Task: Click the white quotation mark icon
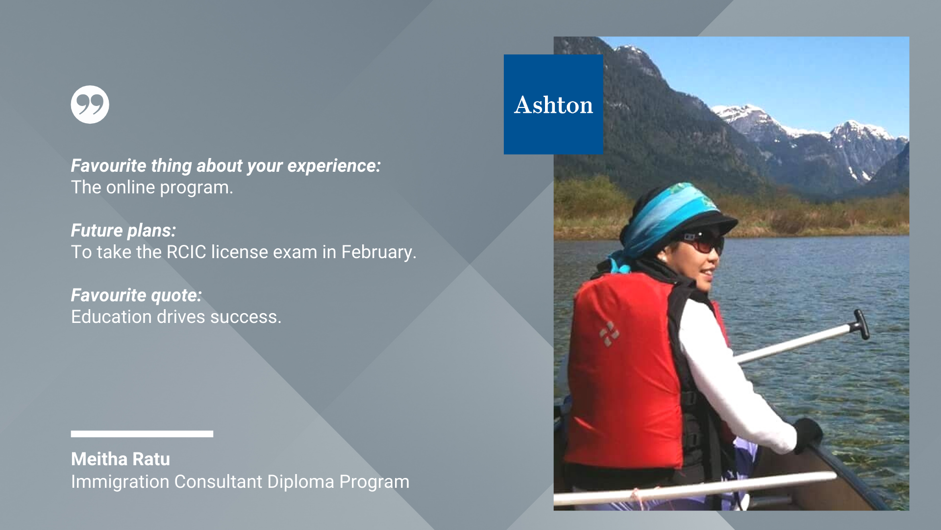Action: click(x=90, y=105)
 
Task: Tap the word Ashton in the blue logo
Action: click(x=553, y=105)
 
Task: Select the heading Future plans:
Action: click(x=124, y=231)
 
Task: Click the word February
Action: click(x=378, y=252)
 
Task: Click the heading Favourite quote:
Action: click(x=136, y=295)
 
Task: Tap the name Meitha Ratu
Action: click(x=121, y=459)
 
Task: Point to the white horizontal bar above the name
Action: click(x=142, y=434)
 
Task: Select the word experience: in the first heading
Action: click(x=334, y=166)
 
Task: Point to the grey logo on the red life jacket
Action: click(x=609, y=334)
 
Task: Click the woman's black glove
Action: click(x=808, y=434)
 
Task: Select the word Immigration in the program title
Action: click(x=121, y=482)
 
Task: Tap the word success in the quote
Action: click(x=244, y=317)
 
